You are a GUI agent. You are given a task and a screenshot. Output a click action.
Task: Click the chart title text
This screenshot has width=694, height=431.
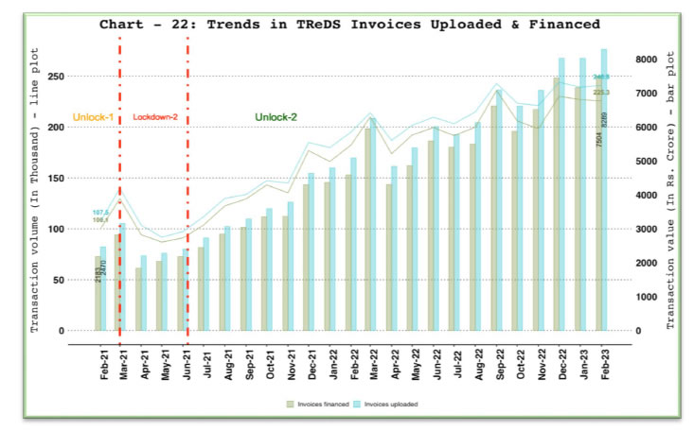click(349, 24)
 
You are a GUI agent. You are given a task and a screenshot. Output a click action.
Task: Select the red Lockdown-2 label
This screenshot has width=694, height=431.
click(154, 116)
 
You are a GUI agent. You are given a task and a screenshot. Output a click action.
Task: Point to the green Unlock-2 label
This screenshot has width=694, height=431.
click(276, 116)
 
